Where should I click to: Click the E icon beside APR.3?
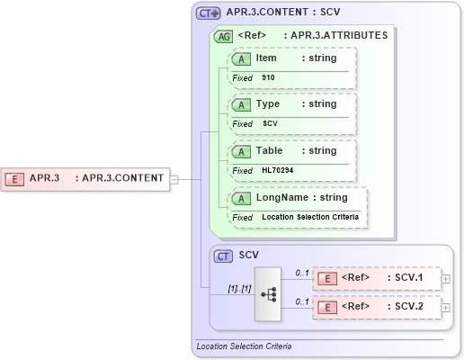[x=15, y=178]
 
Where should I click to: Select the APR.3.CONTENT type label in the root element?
[x=122, y=178]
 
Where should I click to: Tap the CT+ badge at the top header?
[x=209, y=14]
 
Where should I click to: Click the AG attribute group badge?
[x=222, y=36]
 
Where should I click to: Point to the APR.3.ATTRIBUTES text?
[x=335, y=36]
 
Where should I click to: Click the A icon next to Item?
[x=241, y=58]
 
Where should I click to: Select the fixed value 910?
[x=269, y=78]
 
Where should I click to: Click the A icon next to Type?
[x=241, y=104]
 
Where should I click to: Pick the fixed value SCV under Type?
[x=270, y=123]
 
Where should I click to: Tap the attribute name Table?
[x=270, y=151]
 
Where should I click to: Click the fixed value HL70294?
[x=278, y=170]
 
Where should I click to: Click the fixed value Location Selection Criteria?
[x=309, y=217]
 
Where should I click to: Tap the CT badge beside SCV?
[x=223, y=256]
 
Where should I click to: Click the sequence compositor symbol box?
[x=267, y=293]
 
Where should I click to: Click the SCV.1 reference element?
[x=378, y=278]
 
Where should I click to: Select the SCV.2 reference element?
[x=378, y=306]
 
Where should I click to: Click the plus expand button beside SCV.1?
[x=446, y=279]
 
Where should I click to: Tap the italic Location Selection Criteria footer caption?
[x=244, y=346]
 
